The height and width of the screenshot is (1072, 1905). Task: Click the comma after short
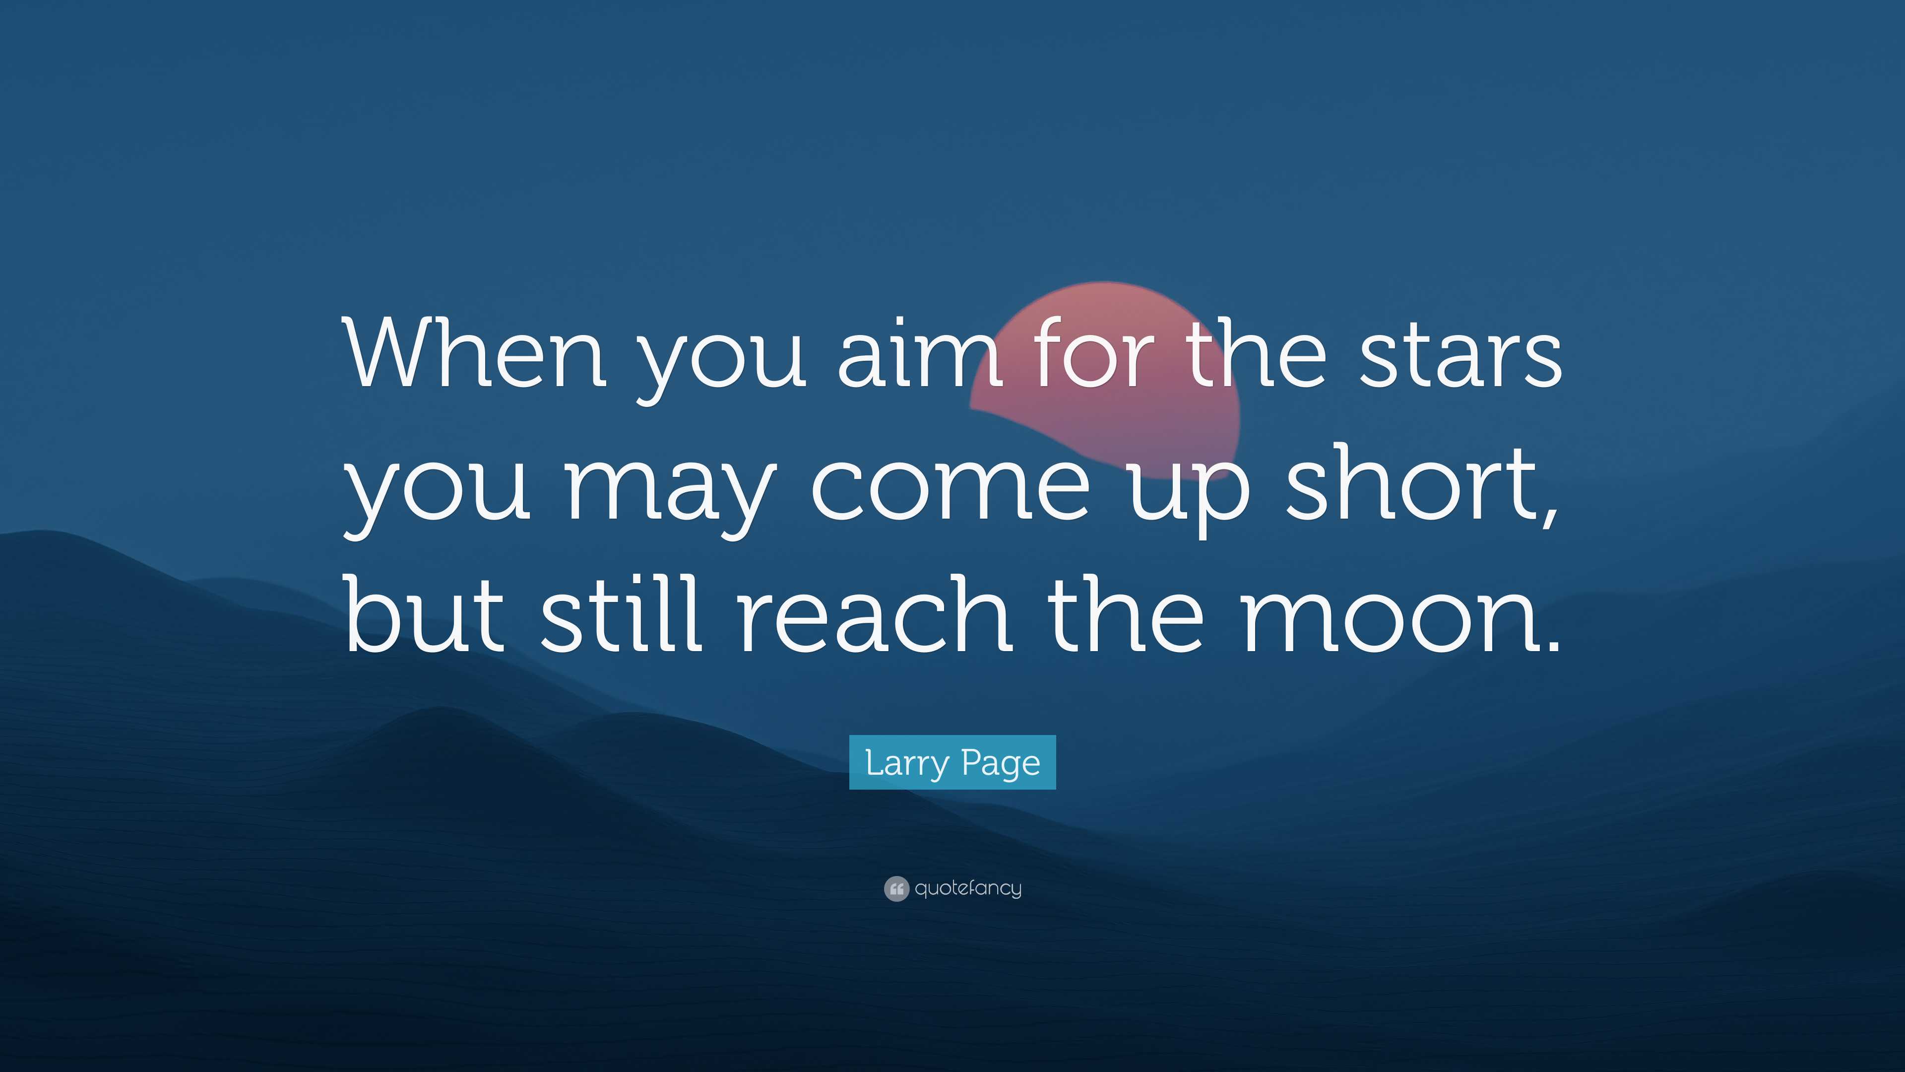coord(1547,518)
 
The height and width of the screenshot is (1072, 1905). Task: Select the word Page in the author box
coord(1001,763)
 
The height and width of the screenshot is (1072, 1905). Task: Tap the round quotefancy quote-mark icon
coord(895,888)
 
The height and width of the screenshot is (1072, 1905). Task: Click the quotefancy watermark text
coord(968,888)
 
